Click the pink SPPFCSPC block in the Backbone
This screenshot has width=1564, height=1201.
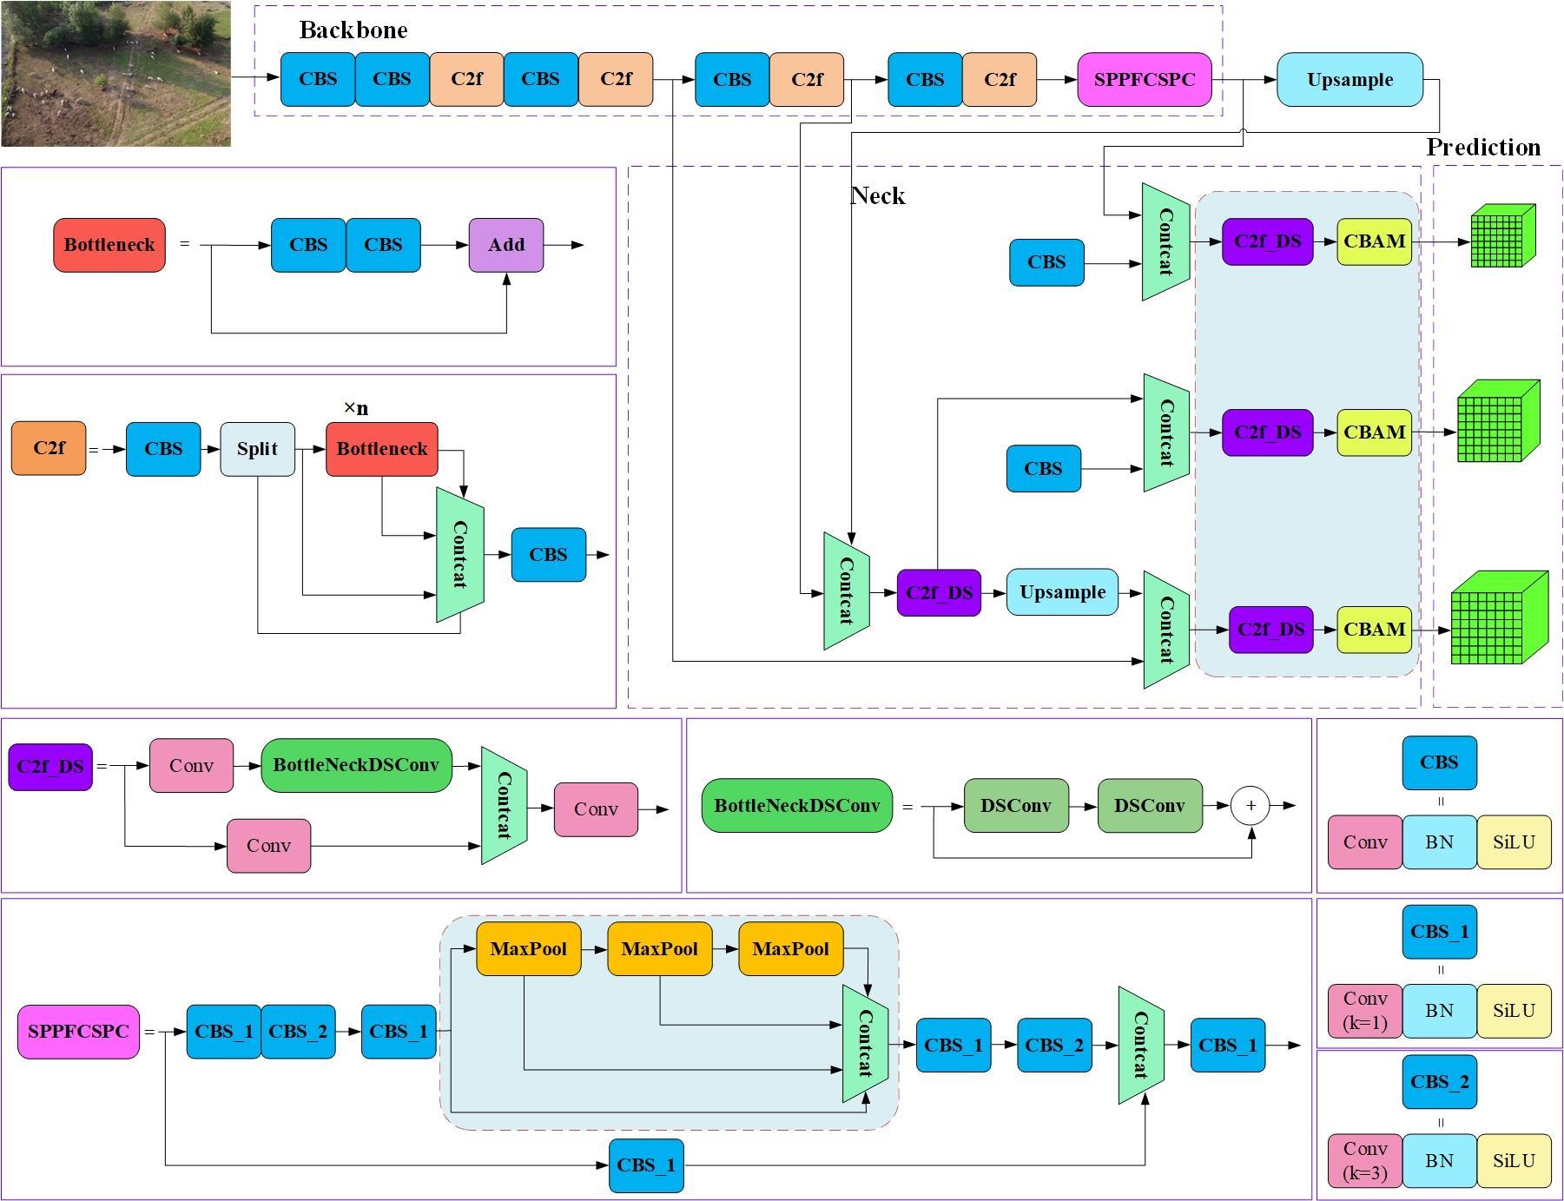coord(1145,79)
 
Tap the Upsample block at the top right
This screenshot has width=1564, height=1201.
coord(1350,79)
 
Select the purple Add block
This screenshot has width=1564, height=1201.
coord(506,245)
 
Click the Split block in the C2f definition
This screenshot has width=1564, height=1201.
coord(257,449)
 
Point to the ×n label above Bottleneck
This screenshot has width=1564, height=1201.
coord(356,407)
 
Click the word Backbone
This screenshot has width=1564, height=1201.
coord(353,30)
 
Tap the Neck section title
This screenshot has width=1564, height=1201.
coord(878,196)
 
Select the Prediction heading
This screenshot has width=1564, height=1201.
coord(1484,147)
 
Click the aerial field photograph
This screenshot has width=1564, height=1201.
coord(115,74)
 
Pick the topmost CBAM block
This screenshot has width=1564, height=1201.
coord(1374,241)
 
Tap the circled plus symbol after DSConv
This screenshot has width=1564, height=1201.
coord(1251,805)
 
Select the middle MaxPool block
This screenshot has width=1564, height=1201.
coord(660,948)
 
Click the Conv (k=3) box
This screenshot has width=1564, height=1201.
coord(1365,1161)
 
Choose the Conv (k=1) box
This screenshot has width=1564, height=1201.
coord(1365,1011)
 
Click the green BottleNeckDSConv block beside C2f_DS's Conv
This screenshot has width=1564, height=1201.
coord(356,765)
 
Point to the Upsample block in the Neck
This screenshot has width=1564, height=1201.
coord(1062,592)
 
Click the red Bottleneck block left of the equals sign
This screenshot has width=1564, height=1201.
coord(109,245)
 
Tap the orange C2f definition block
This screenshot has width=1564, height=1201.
coord(49,448)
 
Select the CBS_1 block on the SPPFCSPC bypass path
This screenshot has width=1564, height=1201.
coord(646,1165)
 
